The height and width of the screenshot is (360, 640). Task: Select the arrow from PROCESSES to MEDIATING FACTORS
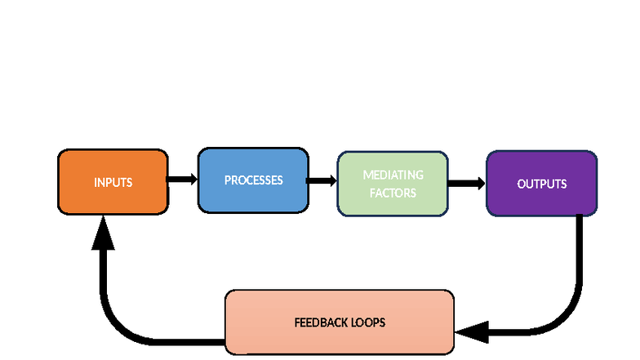coord(322,180)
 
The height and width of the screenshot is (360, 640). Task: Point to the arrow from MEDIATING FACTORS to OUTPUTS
coord(467,184)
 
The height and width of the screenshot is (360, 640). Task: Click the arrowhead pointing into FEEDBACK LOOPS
coord(472,332)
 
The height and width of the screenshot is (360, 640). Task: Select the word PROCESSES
coord(253,180)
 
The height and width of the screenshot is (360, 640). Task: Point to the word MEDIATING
coord(393,176)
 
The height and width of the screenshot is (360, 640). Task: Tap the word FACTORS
coord(393,193)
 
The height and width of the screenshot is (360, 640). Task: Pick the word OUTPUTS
coord(541,184)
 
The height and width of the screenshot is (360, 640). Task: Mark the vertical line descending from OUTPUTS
coord(579,253)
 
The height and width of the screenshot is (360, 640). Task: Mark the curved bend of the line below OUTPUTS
coord(568,321)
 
